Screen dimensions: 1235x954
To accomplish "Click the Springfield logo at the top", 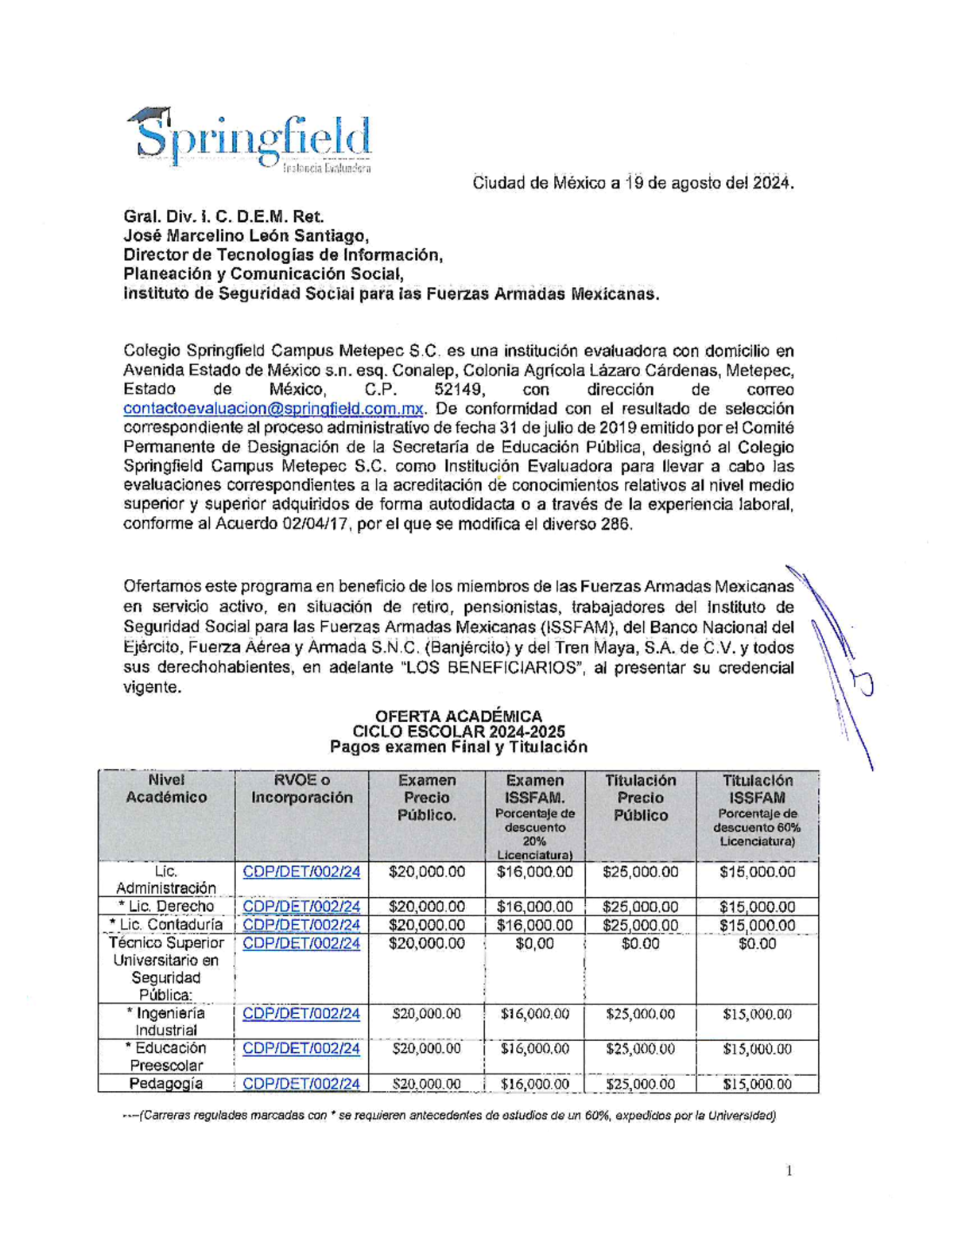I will point(250,140).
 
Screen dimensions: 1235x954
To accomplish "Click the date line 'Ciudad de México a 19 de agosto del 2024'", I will point(633,183).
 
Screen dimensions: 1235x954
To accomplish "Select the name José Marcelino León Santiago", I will point(246,235).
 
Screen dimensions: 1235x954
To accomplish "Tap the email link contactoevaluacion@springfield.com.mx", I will point(273,409).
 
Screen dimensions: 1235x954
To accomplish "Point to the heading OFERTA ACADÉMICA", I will point(459,716).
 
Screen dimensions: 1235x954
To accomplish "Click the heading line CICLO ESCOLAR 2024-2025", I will point(459,732).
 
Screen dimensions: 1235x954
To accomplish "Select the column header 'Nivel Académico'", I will point(166,789).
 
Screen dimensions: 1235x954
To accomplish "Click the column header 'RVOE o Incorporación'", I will point(301,789).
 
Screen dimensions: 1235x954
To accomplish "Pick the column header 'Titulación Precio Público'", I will point(640,798).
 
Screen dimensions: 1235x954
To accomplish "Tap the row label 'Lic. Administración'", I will point(166,880).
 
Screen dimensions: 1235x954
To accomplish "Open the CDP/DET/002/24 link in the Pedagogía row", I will point(301,1083).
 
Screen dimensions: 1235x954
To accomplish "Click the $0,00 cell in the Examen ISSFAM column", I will point(534,944).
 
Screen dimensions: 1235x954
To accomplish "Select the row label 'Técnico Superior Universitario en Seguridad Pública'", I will point(166,969).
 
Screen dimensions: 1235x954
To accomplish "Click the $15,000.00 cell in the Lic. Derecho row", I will point(757,907).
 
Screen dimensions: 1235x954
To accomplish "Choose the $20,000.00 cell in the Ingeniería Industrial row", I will point(426,1014).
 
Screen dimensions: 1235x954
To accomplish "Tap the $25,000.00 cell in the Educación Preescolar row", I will point(640,1049).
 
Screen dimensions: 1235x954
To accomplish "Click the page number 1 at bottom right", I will point(789,1170).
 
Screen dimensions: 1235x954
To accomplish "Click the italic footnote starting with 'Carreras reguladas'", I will point(449,1115).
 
